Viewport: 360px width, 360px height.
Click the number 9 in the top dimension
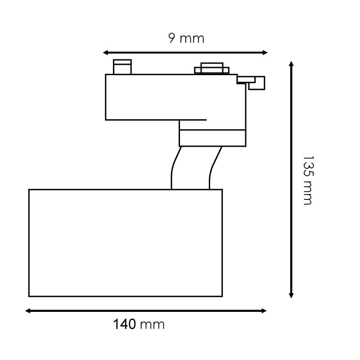coord(172,38)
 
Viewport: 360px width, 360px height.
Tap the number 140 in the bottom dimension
coord(125,324)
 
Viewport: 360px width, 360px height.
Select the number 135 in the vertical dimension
coord(308,166)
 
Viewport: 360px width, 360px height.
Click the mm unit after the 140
coord(152,325)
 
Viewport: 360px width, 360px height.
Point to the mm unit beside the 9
coord(192,39)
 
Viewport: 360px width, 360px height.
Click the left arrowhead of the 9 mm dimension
coord(106,53)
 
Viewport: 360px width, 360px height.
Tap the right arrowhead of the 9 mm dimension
coord(265,53)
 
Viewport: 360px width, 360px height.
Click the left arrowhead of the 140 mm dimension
coord(28,311)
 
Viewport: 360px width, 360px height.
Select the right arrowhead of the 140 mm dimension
coord(264,311)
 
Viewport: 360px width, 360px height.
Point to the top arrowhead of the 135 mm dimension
coord(291,64)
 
